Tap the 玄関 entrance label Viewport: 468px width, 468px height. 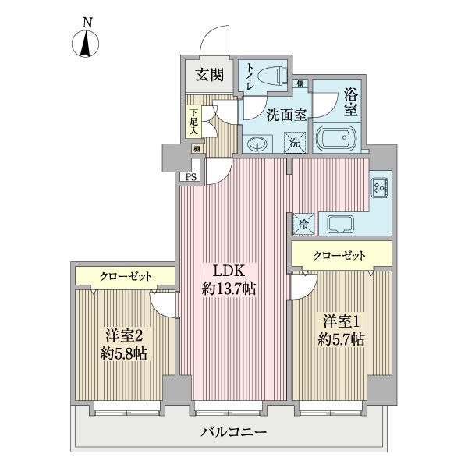point(206,76)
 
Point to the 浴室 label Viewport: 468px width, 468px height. point(351,103)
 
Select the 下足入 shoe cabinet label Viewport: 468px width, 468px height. point(193,122)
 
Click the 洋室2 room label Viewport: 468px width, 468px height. point(122,335)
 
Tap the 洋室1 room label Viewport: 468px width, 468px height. point(338,321)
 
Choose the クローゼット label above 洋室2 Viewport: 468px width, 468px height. point(125,276)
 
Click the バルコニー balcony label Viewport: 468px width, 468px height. point(233,432)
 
